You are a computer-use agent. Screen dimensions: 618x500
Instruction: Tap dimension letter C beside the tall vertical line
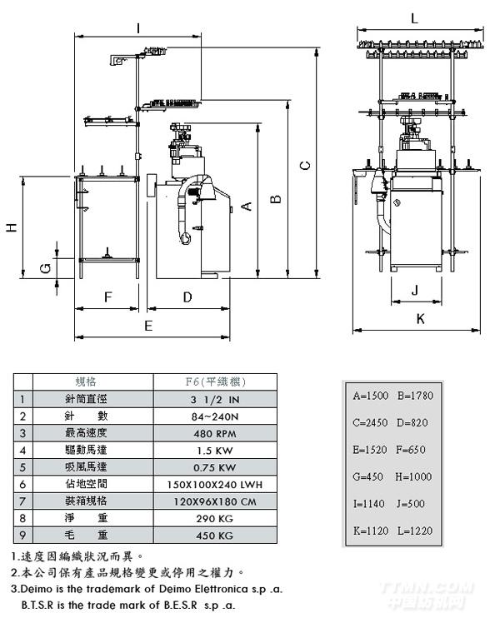pyautogui.click(x=306, y=165)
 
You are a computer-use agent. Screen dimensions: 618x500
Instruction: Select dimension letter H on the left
pyautogui.click(x=11, y=227)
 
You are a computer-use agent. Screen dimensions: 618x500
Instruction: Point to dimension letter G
pyautogui.click(x=47, y=267)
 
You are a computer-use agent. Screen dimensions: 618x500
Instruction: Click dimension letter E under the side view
pyautogui.click(x=148, y=326)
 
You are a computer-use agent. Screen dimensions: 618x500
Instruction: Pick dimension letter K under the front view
pyautogui.click(x=420, y=318)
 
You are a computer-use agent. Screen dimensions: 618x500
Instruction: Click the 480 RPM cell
pyautogui.click(x=216, y=433)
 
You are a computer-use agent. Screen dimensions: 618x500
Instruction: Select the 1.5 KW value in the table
pyautogui.click(x=216, y=450)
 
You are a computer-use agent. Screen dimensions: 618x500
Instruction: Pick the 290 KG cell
pyautogui.click(x=216, y=517)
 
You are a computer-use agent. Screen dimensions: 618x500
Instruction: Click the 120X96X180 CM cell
pyautogui.click(x=216, y=501)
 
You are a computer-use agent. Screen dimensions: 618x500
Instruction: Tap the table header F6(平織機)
pyautogui.click(x=216, y=382)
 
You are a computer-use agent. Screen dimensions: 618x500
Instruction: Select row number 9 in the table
pyautogui.click(x=22, y=535)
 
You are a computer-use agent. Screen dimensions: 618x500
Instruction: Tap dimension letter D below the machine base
pyautogui.click(x=187, y=297)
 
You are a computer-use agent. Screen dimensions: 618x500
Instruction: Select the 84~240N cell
pyautogui.click(x=216, y=416)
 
